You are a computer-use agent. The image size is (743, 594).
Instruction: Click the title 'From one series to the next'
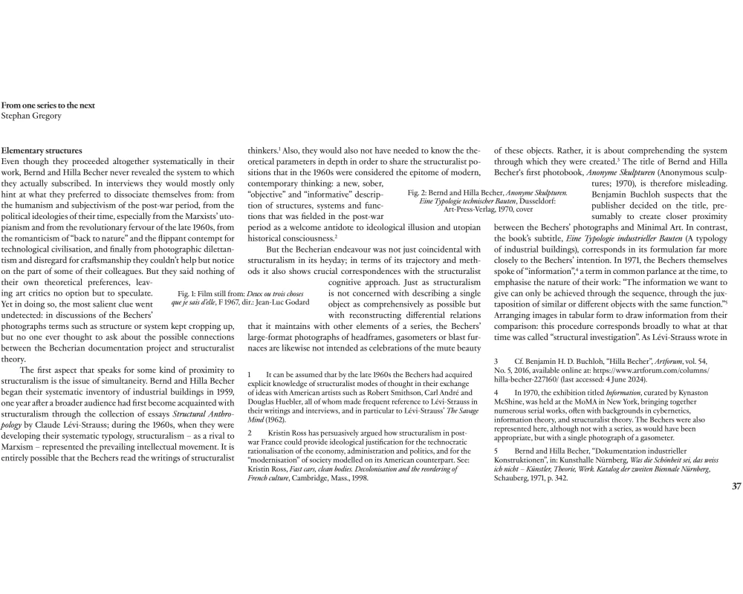click(48, 105)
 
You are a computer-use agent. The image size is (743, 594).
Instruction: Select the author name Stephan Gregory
click(31, 116)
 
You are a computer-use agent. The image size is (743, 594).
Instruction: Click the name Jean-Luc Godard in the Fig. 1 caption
click(288, 302)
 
